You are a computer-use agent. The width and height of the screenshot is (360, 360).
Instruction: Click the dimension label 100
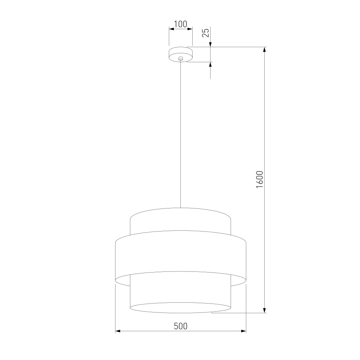tap(180, 24)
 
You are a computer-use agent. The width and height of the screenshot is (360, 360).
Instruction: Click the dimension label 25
tap(206, 33)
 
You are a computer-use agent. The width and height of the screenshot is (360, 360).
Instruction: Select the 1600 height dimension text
tap(260, 180)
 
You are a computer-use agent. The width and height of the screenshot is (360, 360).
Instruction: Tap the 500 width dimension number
tap(181, 326)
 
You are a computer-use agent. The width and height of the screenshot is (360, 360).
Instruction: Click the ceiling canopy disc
tap(181, 54)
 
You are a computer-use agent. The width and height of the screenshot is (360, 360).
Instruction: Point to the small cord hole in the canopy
tap(181, 58)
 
